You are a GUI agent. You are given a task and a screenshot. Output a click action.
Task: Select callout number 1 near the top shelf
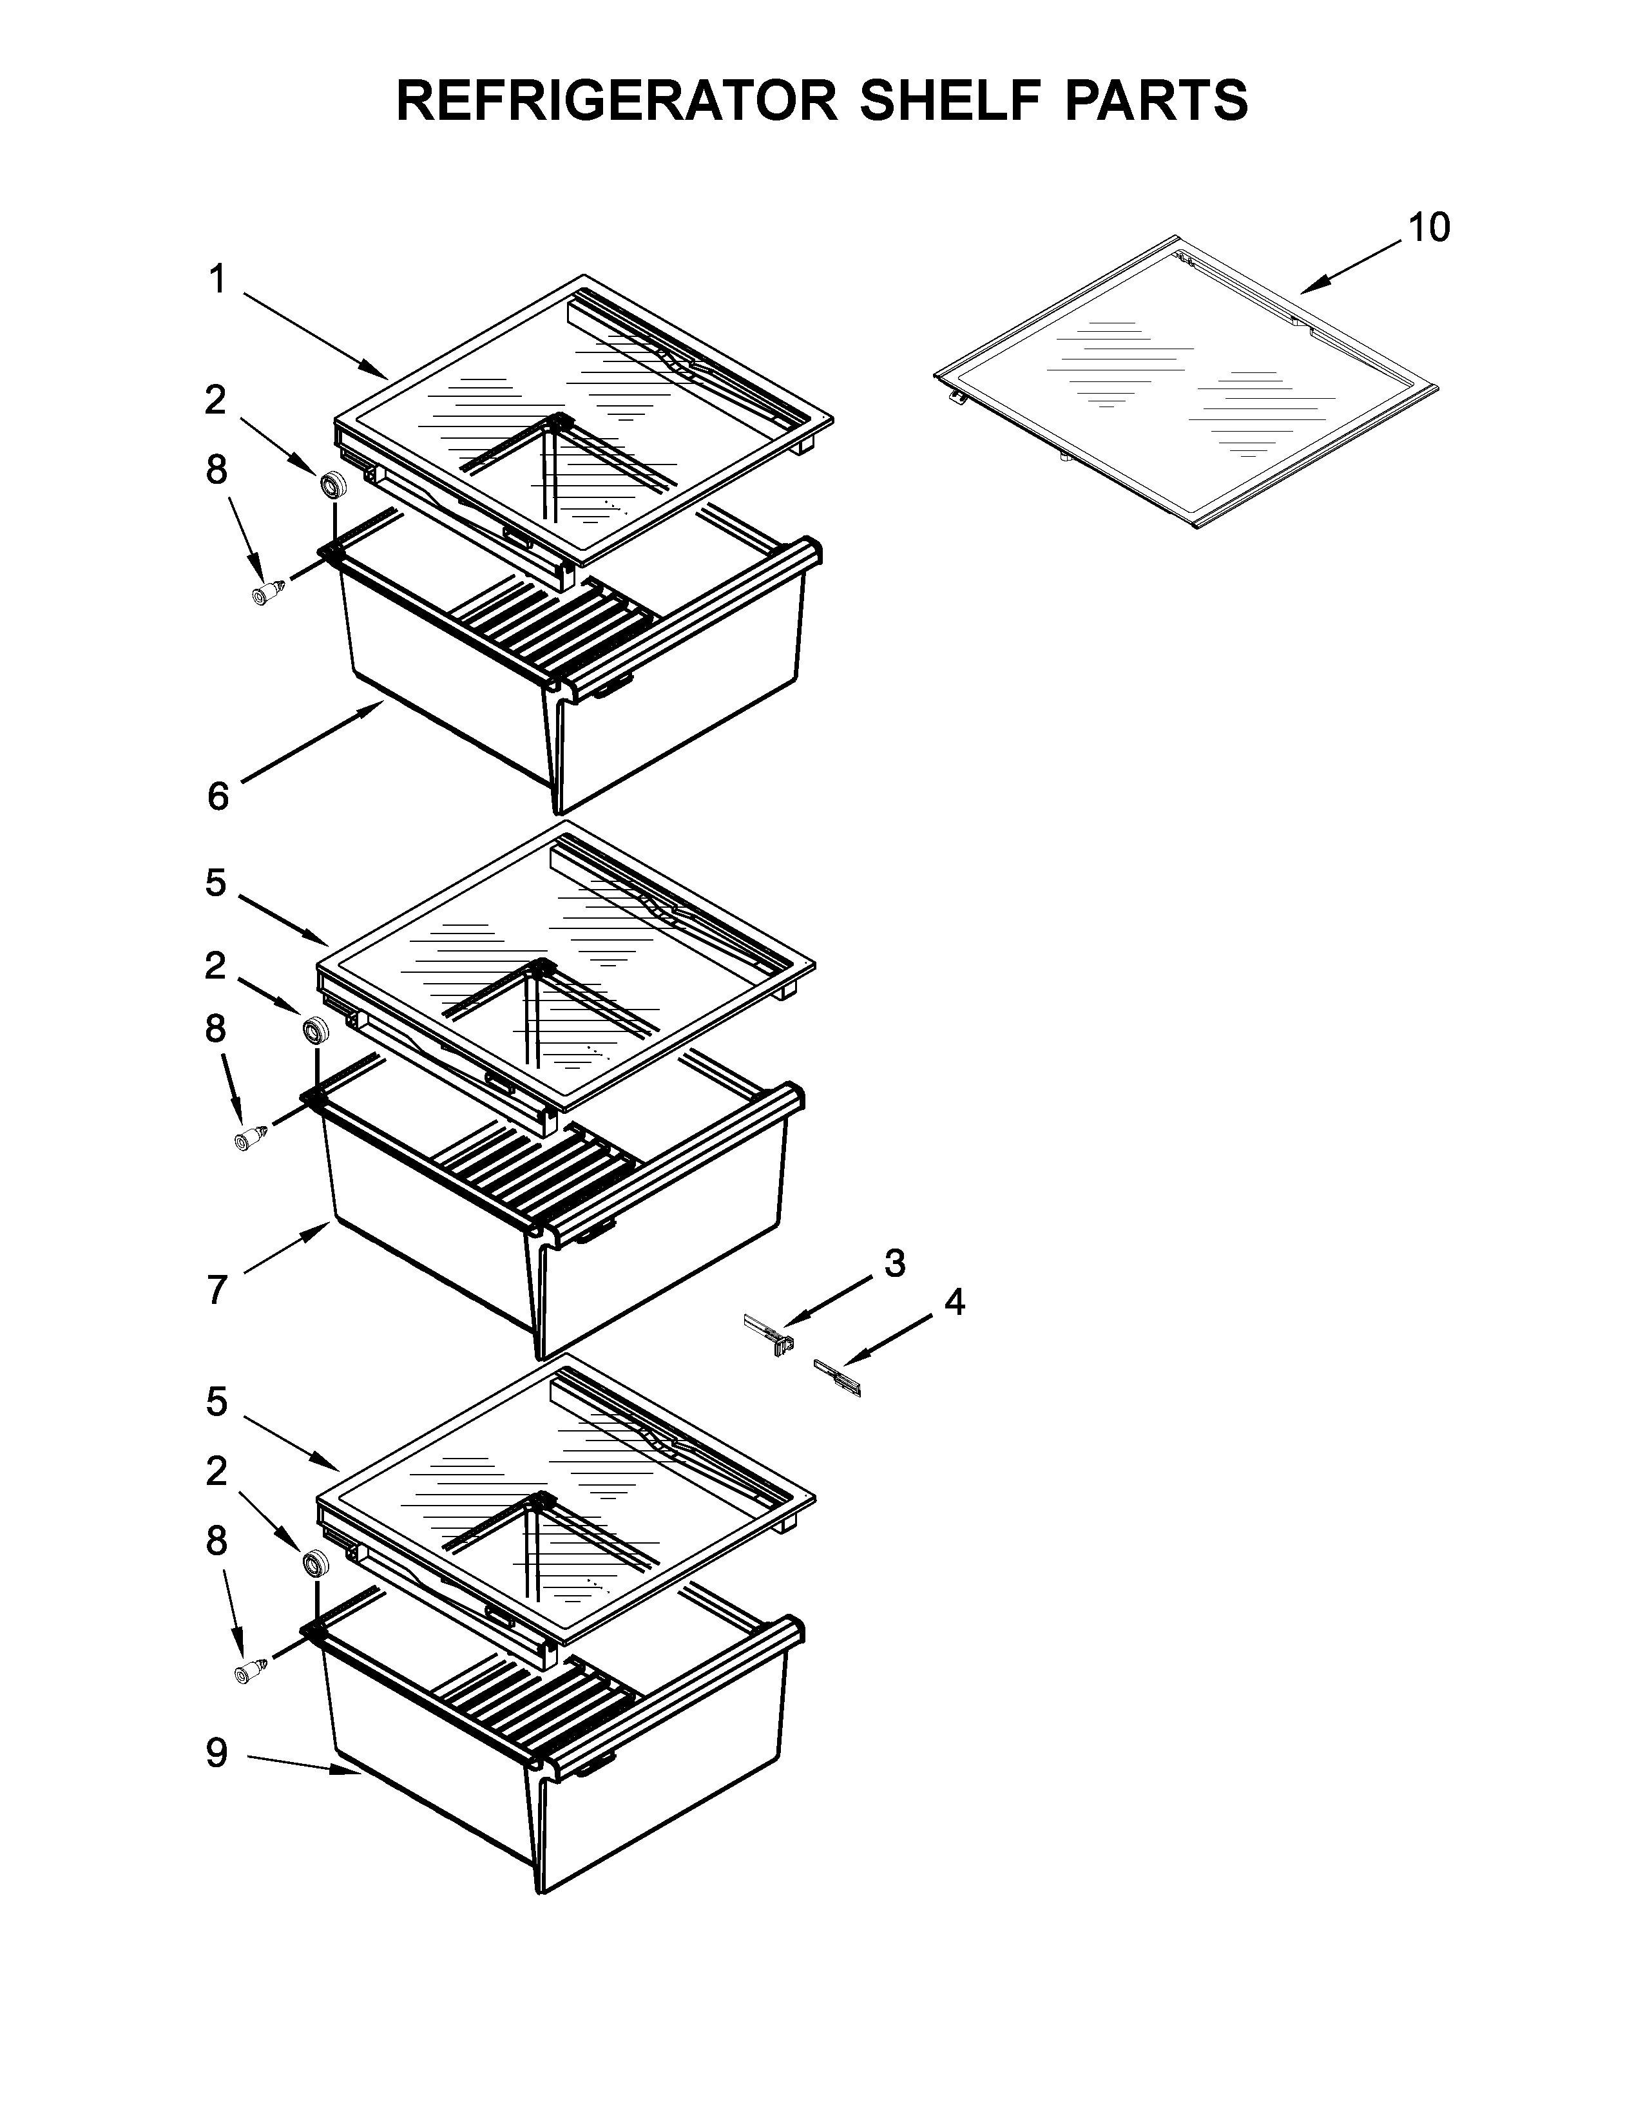[x=217, y=280]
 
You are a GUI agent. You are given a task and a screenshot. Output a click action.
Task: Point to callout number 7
[x=217, y=1290]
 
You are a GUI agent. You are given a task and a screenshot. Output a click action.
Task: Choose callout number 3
[x=894, y=1263]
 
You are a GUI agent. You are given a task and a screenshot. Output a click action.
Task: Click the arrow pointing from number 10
[x=1353, y=265]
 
